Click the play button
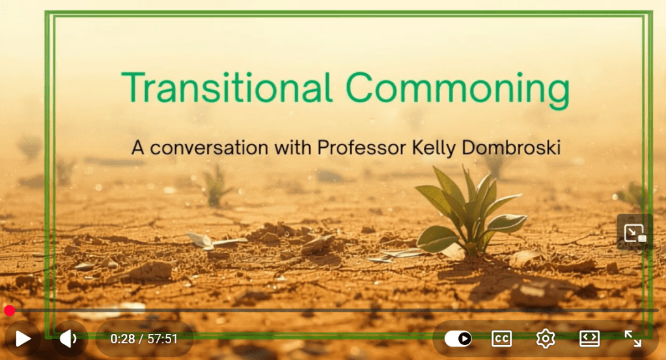coord(23,339)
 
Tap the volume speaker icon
coord(68,339)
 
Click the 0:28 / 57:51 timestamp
coord(144,339)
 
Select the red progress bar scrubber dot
coord(9,311)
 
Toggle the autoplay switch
coord(458,339)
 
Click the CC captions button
coord(502,339)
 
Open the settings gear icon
coord(546,339)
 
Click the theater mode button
coord(590,339)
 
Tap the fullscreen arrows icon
coord(633,339)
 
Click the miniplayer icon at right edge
coord(635,232)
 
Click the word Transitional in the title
coord(227,87)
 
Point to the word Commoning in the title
coord(458,89)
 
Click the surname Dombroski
coord(511,148)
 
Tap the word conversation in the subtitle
coord(209,148)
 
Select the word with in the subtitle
coord(293,147)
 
